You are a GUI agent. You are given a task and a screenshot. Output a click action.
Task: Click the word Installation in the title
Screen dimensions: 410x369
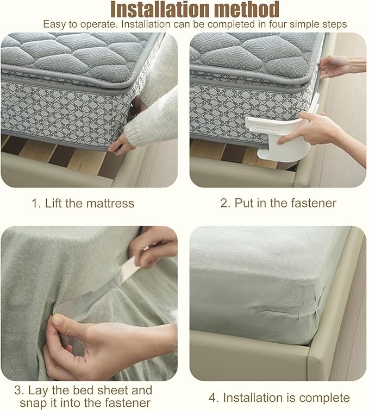tap(159, 9)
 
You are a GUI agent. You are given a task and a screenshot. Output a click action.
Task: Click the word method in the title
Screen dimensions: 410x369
tap(245, 9)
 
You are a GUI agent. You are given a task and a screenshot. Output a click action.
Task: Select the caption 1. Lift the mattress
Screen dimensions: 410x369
tap(83, 204)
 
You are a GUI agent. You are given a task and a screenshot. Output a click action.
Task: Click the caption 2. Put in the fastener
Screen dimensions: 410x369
tap(278, 204)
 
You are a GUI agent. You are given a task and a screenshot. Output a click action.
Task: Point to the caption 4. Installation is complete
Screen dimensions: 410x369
tap(286, 398)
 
